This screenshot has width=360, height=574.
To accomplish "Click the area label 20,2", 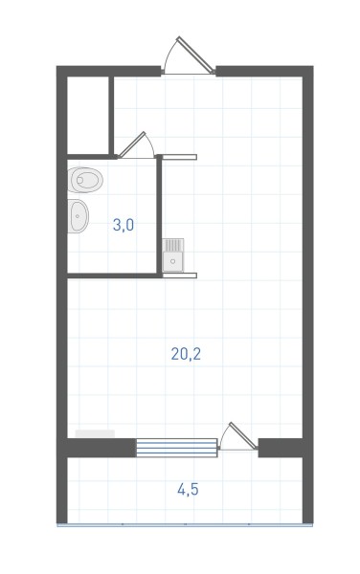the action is (x=186, y=354).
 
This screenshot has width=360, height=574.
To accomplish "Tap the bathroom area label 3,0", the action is (x=124, y=225).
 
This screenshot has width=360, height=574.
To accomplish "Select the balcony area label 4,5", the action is (x=188, y=489).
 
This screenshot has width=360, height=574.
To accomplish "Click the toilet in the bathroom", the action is (x=85, y=180).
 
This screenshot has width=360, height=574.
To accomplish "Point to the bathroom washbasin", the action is (x=78, y=216).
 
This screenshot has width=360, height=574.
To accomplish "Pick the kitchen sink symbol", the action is (x=173, y=255).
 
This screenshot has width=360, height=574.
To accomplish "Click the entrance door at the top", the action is (x=189, y=56).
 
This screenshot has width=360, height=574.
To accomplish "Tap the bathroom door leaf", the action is (x=132, y=144).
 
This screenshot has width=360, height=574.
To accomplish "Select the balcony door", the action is (x=238, y=436).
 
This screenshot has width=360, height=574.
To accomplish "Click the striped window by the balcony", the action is (x=177, y=448).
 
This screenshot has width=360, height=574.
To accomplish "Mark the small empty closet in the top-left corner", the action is (x=88, y=115).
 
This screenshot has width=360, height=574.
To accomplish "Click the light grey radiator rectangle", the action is (x=95, y=433).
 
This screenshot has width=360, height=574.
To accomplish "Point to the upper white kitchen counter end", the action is (x=179, y=157).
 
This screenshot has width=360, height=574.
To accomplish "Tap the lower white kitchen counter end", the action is (x=179, y=276).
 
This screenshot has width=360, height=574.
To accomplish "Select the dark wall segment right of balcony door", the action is (x=281, y=448).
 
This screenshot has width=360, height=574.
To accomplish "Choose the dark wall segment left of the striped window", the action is (x=101, y=448).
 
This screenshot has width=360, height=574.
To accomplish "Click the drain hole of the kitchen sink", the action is (x=173, y=261).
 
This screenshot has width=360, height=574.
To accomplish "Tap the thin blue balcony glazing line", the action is (x=185, y=524).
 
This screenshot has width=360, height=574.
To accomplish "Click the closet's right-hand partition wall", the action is (x=111, y=116).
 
